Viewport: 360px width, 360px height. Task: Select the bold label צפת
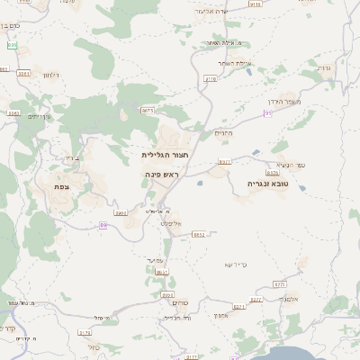74,186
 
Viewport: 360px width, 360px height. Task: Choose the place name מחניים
224,133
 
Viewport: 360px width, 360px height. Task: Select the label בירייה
71,157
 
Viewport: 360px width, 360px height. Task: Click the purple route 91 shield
268,112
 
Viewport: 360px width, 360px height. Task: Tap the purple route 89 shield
103,225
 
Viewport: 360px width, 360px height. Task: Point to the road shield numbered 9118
211,78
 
